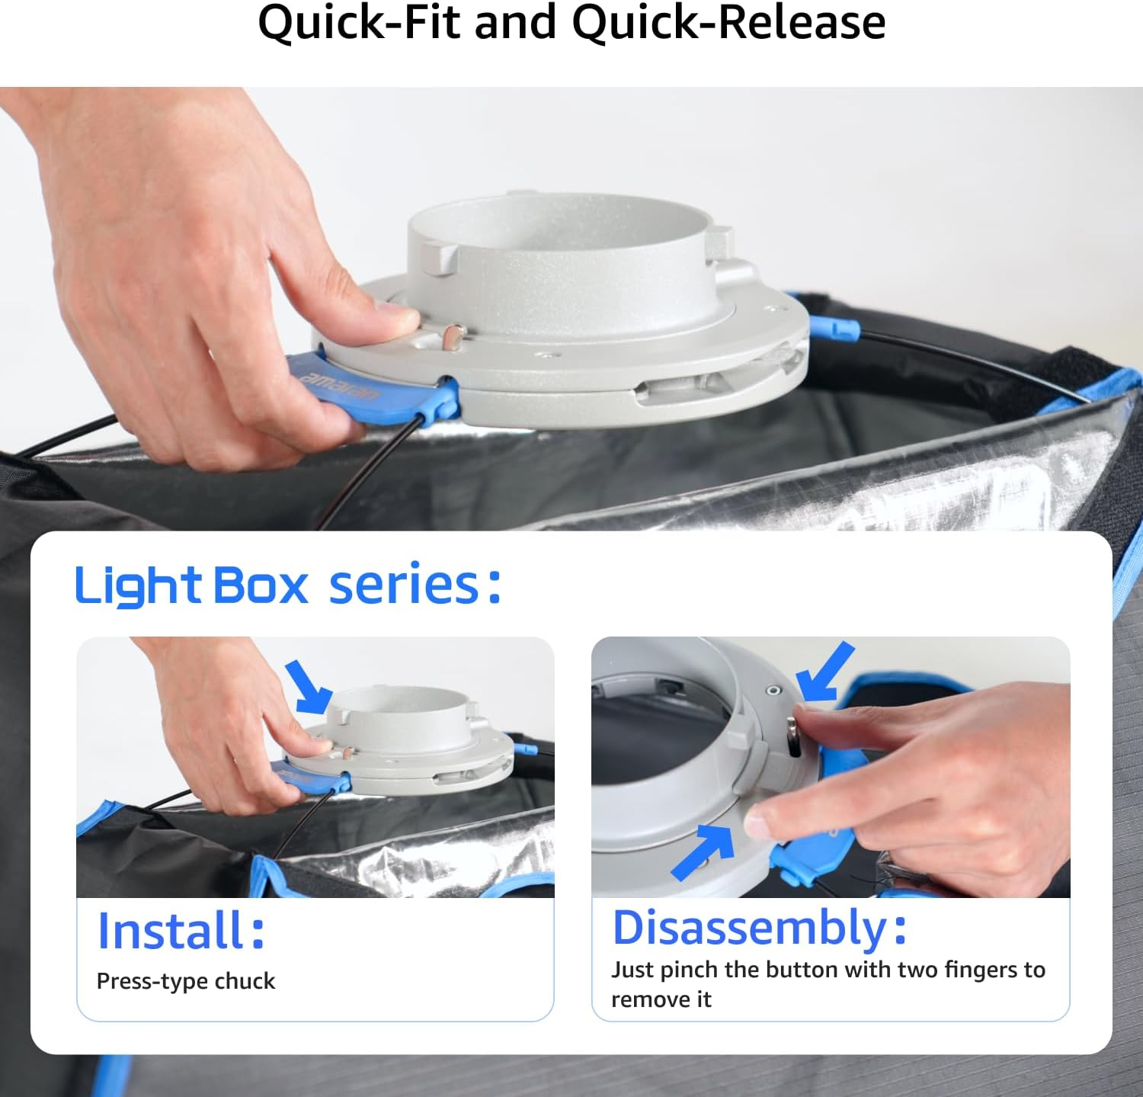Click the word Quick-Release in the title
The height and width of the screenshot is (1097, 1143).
click(729, 22)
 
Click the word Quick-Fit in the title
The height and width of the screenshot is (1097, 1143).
click(359, 22)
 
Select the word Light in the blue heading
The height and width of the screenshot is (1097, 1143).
click(138, 586)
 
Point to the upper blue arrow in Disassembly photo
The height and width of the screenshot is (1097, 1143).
click(826, 671)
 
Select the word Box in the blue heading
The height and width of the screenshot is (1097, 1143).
click(261, 585)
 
